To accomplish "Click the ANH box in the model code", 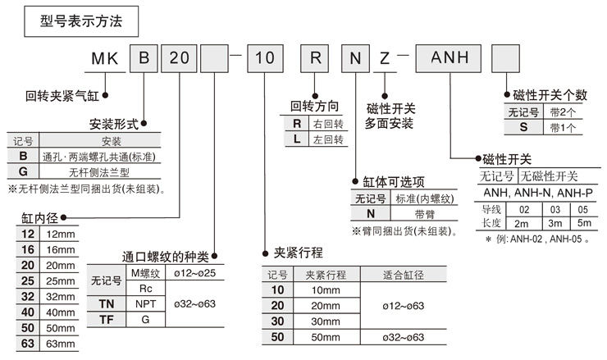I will [448, 58].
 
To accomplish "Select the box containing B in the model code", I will [144, 58].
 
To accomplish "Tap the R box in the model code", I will [314, 58].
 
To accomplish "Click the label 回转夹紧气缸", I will [62, 97].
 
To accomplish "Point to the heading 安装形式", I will [113, 125].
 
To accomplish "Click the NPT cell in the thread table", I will [144, 303].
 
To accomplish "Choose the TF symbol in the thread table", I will [105, 318].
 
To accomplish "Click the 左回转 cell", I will [327, 139].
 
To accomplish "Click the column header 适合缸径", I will [405, 275].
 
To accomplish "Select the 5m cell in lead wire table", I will [583, 223].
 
